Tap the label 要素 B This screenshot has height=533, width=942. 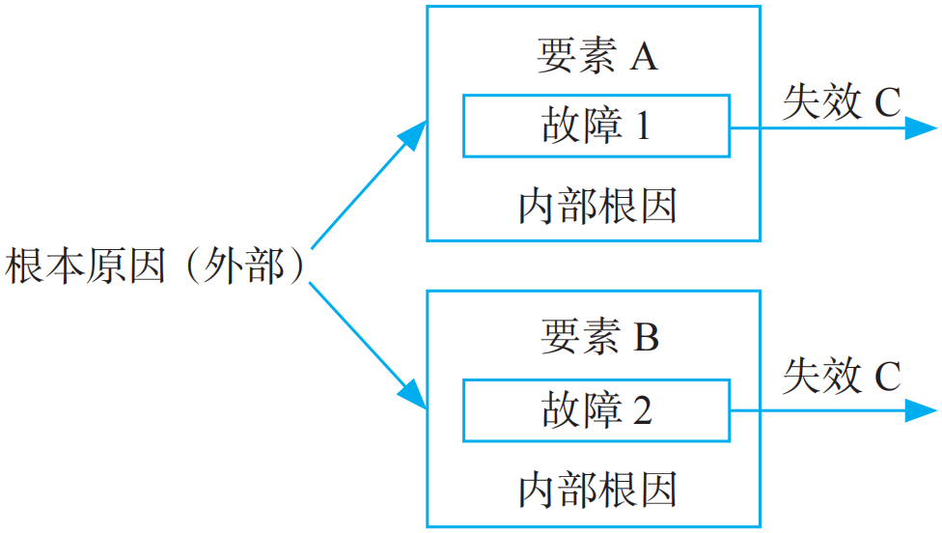tap(598, 338)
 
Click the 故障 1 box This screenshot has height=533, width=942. tap(596, 126)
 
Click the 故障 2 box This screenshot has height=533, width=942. tap(596, 410)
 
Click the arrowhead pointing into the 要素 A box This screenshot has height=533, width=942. tap(415, 134)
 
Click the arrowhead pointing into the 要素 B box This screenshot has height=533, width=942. tap(414, 395)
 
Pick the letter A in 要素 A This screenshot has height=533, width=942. tap(644, 58)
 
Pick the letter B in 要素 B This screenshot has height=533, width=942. tap(646, 339)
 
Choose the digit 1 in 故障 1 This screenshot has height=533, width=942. tap(641, 126)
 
